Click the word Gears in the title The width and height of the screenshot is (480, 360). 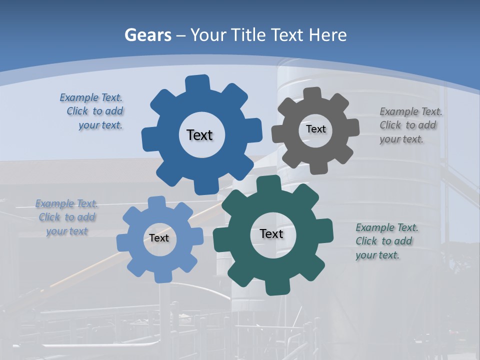click(x=147, y=35)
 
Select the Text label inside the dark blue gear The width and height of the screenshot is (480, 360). click(x=199, y=135)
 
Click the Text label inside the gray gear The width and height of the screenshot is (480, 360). click(x=315, y=129)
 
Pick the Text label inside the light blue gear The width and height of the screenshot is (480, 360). click(x=159, y=238)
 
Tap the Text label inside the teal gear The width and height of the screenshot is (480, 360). click(x=271, y=233)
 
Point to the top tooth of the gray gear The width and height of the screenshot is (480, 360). click(x=312, y=93)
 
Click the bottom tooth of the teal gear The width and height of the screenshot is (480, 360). click(x=276, y=287)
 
